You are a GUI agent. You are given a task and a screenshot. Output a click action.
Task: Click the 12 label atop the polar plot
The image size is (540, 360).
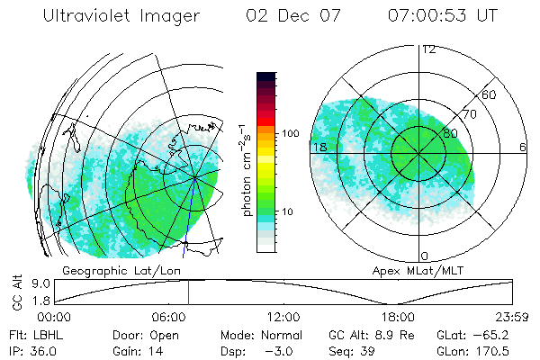[428, 49]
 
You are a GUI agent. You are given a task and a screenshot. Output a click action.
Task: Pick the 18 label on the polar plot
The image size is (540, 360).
[318, 147]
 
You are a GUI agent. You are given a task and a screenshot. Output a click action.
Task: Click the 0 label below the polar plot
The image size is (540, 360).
[426, 256]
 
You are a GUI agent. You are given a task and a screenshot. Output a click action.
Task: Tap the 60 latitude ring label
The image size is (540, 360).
[490, 94]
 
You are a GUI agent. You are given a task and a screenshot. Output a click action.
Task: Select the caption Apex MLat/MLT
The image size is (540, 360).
[421, 269]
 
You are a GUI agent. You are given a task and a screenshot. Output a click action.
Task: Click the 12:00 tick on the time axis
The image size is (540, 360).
[284, 317]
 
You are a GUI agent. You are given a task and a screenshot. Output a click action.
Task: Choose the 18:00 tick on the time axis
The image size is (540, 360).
[398, 317]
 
